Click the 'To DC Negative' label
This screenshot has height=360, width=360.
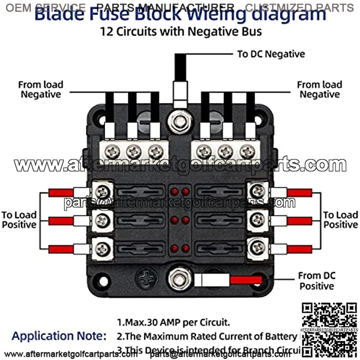click(271, 54)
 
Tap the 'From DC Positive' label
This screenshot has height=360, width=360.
click(317, 280)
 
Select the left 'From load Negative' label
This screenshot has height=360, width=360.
click(40, 89)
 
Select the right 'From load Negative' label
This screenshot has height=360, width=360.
click(319, 89)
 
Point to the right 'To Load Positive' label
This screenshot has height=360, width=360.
click(341, 220)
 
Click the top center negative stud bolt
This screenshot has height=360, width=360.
click(180, 122)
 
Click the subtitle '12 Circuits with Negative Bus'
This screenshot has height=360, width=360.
click(180, 32)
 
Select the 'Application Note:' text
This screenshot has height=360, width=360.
click(59, 336)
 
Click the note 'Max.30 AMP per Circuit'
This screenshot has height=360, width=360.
click(173, 322)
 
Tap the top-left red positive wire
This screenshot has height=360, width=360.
click(61, 193)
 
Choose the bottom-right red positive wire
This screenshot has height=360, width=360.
click(299, 249)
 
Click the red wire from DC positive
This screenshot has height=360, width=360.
click(246, 280)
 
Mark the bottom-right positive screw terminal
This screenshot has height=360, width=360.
click(258, 247)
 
